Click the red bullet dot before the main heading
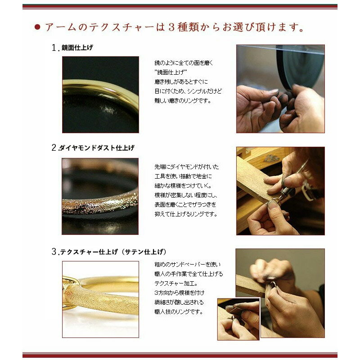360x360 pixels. (x=37, y=27)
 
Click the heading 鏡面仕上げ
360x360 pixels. (x=77, y=48)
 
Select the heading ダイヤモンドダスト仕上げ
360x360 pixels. (x=97, y=148)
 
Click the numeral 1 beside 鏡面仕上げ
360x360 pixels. (x=54, y=48)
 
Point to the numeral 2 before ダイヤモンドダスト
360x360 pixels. (x=54, y=148)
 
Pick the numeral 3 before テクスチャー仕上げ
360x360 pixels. (x=54, y=252)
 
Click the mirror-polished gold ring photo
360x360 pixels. (x=100, y=94)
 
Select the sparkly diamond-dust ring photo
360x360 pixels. (x=100, y=196)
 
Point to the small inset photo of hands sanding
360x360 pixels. (x=238, y=319)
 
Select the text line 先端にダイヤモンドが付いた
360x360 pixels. (x=187, y=166)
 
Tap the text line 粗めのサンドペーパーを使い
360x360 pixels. (x=187, y=265)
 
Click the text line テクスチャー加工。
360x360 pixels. (x=176, y=283)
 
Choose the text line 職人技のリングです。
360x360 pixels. (x=179, y=312)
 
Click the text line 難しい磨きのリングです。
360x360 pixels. (x=183, y=100)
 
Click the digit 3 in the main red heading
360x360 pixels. (x=172, y=27)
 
